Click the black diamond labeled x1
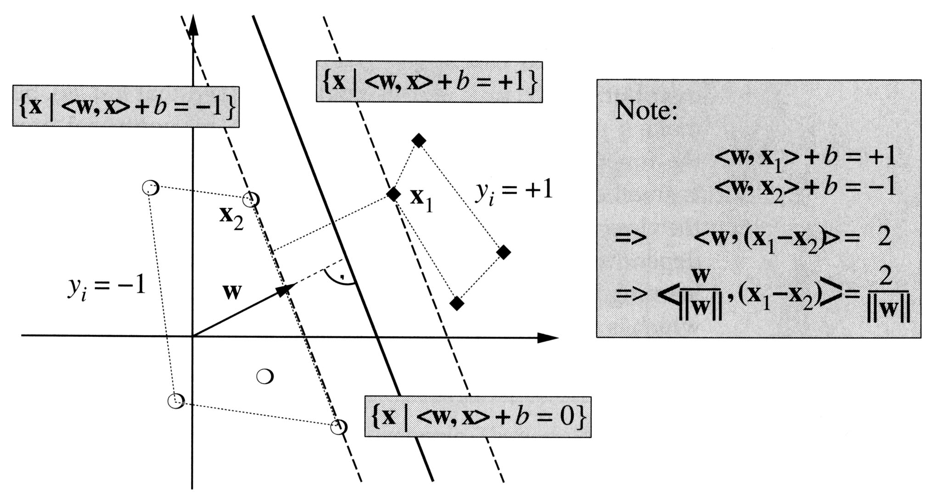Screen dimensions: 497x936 pyautogui.click(x=393, y=194)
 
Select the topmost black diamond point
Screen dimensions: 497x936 pyautogui.click(x=419, y=140)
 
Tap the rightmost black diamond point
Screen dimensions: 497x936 pyautogui.click(x=504, y=252)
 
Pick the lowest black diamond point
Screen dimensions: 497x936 pyautogui.click(x=456, y=303)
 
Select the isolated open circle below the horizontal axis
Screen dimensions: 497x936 pyautogui.click(x=265, y=376)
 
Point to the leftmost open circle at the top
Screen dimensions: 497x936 pyautogui.click(x=150, y=187)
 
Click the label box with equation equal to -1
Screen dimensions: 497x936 pyautogui.click(x=126, y=106)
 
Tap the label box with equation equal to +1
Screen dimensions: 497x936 pyautogui.click(x=429, y=82)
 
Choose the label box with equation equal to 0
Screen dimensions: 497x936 pyautogui.click(x=478, y=417)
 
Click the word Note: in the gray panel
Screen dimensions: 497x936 pyautogui.click(x=646, y=111)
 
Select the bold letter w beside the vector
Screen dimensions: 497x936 pyautogui.click(x=232, y=292)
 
